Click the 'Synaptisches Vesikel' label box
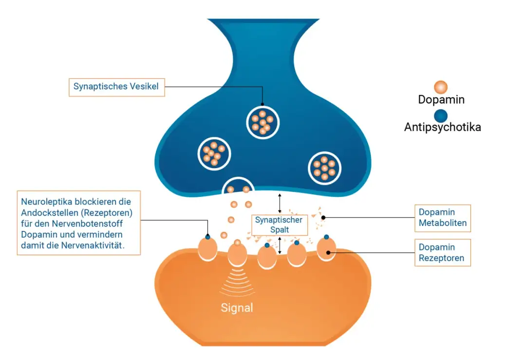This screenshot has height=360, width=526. click(x=116, y=87)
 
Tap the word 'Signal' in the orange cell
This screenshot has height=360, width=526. click(x=237, y=308)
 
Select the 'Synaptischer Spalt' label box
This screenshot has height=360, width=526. click(x=279, y=225)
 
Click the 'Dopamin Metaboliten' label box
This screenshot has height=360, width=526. click(x=443, y=218)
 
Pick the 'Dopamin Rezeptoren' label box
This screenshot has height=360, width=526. click(x=443, y=252)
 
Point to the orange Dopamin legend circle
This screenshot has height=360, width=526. click(x=441, y=87)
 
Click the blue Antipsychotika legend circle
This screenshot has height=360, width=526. click(x=441, y=116)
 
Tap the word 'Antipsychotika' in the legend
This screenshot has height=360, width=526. click(x=442, y=128)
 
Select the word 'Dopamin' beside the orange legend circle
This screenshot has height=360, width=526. click(x=441, y=100)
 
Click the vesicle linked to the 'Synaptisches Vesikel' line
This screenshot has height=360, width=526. click(x=263, y=121)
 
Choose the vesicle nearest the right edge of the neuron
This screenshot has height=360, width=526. click(x=325, y=168)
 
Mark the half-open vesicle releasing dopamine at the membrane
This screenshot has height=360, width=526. click(x=238, y=188)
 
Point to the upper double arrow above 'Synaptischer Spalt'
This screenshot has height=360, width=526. click(x=280, y=203)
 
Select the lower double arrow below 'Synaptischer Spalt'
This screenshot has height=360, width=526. click(x=280, y=246)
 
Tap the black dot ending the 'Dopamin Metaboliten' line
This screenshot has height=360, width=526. click(x=323, y=217)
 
